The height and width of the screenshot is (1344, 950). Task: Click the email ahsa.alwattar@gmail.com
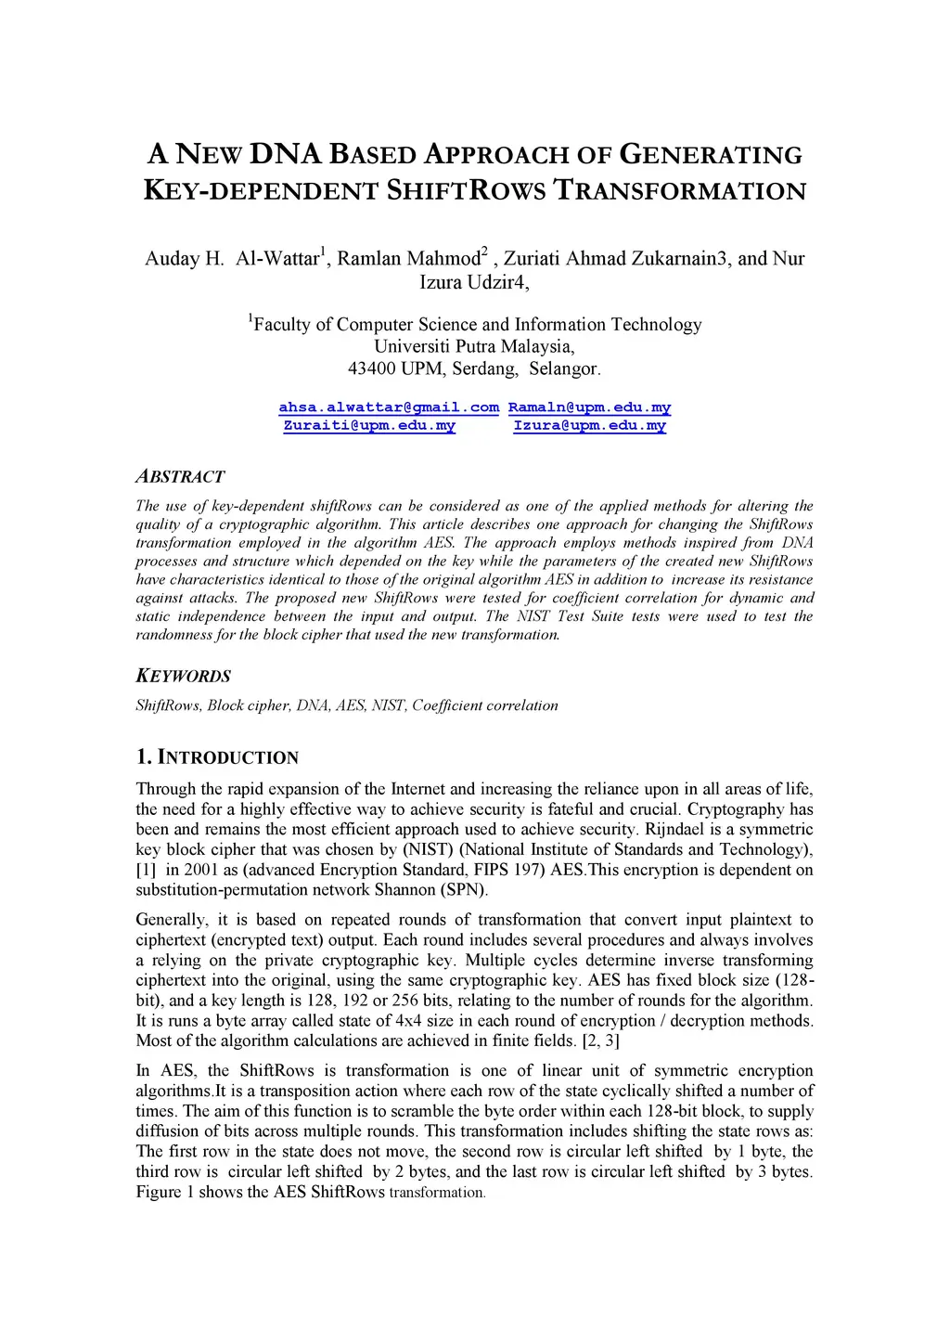coord(389,407)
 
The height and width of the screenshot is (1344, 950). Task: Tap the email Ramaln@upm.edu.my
coord(589,407)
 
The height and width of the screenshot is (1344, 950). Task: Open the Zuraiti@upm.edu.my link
coord(369,425)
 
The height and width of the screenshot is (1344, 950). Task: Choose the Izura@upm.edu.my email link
coord(589,425)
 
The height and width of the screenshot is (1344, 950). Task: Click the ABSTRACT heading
coord(180,476)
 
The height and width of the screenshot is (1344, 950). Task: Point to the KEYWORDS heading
coord(183,676)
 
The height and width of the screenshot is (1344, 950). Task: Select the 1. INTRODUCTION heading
coord(217,757)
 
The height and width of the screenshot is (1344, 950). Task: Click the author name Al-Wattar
coord(277,258)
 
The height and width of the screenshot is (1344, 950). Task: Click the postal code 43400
coord(371,368)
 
